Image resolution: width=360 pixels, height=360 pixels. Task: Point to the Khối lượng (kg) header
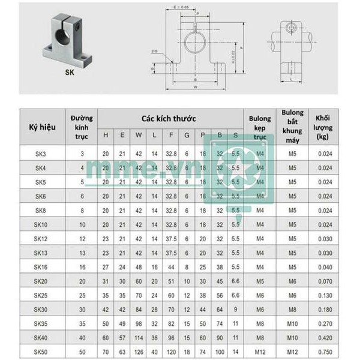pos(325,127)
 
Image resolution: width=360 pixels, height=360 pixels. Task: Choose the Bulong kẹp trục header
pos(260,127)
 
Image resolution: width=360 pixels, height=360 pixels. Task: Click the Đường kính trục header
pos(82,127)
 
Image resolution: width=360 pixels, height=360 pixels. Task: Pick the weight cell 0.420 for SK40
pos(325,338)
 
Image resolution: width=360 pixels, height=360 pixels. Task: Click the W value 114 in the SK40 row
pos(139,338)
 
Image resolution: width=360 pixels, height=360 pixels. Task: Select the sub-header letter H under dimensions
pos(106,136)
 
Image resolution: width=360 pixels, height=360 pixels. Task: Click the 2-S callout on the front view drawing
pos(155,52)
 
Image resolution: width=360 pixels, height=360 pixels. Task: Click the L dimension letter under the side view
pos(290,79)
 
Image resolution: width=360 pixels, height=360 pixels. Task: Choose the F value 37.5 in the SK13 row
pos(171,253)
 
